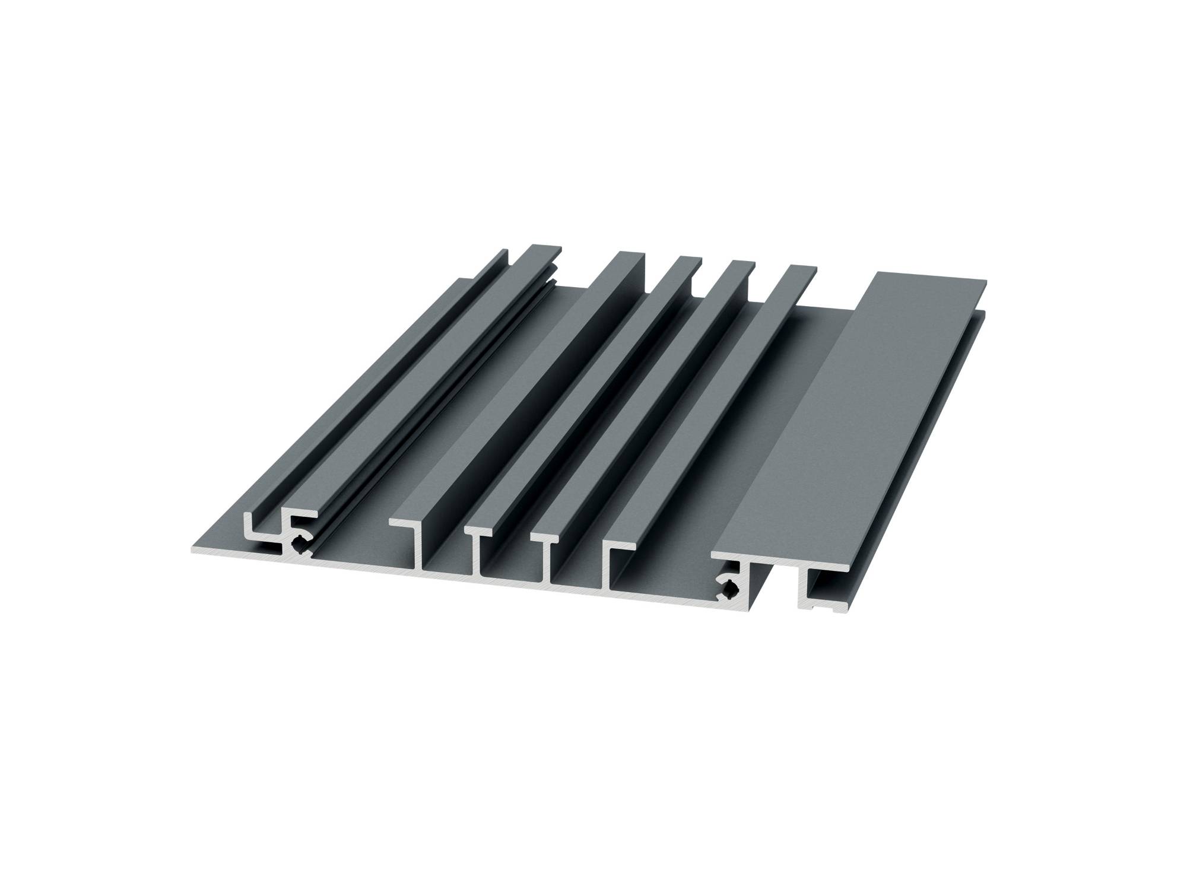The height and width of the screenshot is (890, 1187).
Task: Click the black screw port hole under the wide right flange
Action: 729,589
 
